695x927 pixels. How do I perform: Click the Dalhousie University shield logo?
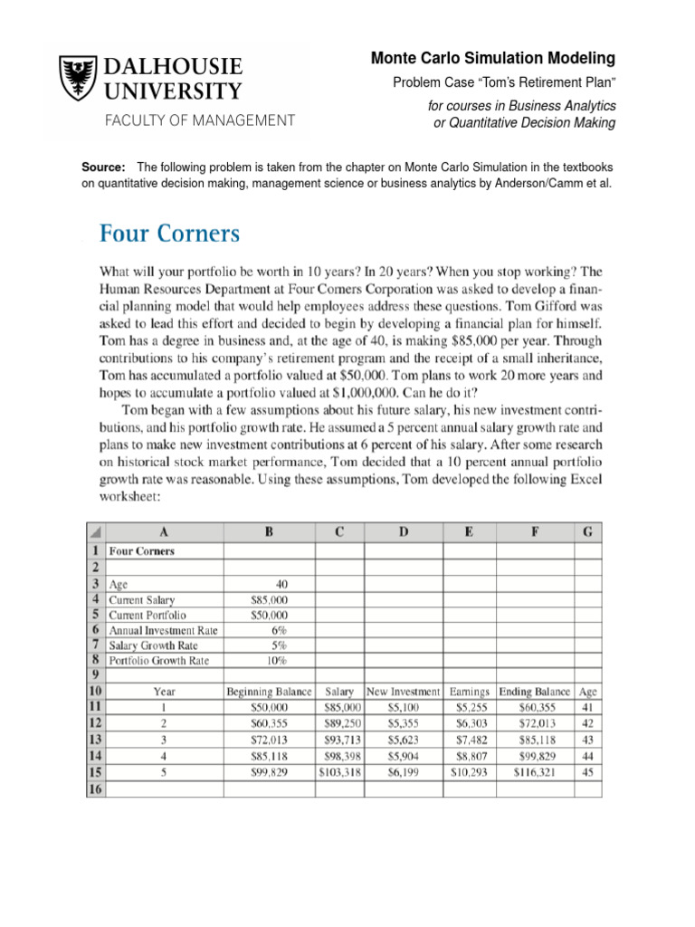tap(77, 79)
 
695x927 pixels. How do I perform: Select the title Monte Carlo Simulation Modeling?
tap(493, 59)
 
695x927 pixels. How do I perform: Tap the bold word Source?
tap(103, 167)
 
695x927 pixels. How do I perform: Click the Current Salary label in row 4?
tap(142, 599)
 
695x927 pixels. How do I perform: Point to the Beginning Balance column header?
tap(269, 692)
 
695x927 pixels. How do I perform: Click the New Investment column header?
tap(403, 692)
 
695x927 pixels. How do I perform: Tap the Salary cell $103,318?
tap(341, 772)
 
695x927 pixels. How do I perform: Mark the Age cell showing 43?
tap(588, 740)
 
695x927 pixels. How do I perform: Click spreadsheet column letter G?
tap(588, 534)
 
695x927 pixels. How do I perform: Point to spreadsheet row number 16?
tap(95, 788)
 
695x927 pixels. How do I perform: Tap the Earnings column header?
tap(469, 692)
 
